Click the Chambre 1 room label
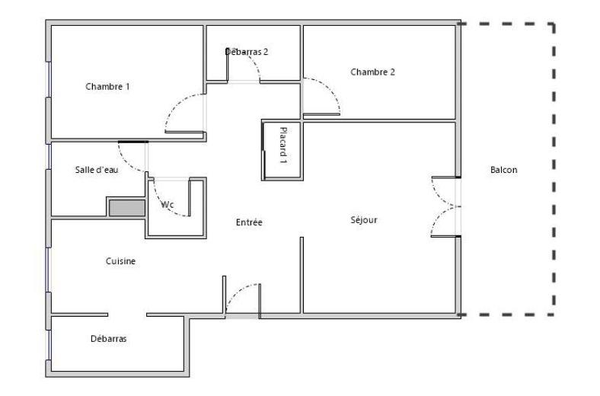point(107,87)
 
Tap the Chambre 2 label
point(372,72)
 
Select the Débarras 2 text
point(247,52)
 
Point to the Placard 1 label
point(282,145)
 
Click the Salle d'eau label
point(97,170)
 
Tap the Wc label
point(167,204)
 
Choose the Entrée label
point(249,222)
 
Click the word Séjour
point(364,220)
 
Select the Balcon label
point(503,170)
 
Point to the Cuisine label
point(120,261)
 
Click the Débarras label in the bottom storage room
point(108,339)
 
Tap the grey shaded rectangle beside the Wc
point(126,207)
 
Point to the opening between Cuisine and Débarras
point(126,315)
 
